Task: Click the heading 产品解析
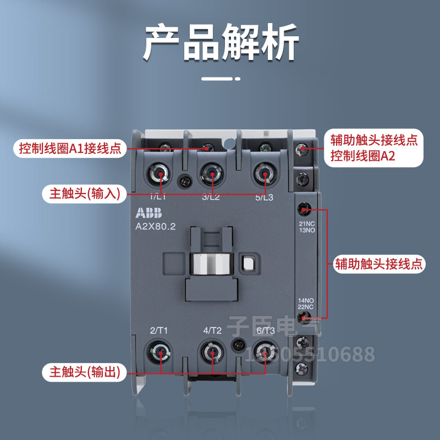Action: point(221,42)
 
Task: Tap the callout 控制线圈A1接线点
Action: point(69,148)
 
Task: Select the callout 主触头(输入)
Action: point(84,193)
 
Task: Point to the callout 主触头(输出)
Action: point(84,372)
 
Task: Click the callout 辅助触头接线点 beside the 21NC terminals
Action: point(380,263)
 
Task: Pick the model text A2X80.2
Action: point(155,227)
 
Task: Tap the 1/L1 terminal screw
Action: point(160,174)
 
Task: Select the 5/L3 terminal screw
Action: point(264,174)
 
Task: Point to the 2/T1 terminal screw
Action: point(160,353)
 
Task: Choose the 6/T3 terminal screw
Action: point(265,353)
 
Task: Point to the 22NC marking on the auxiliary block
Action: point(306,305)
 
